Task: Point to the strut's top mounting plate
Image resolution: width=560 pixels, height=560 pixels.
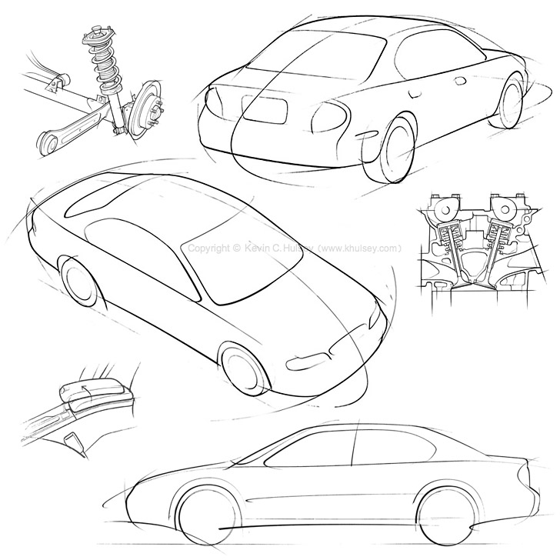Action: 99,35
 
